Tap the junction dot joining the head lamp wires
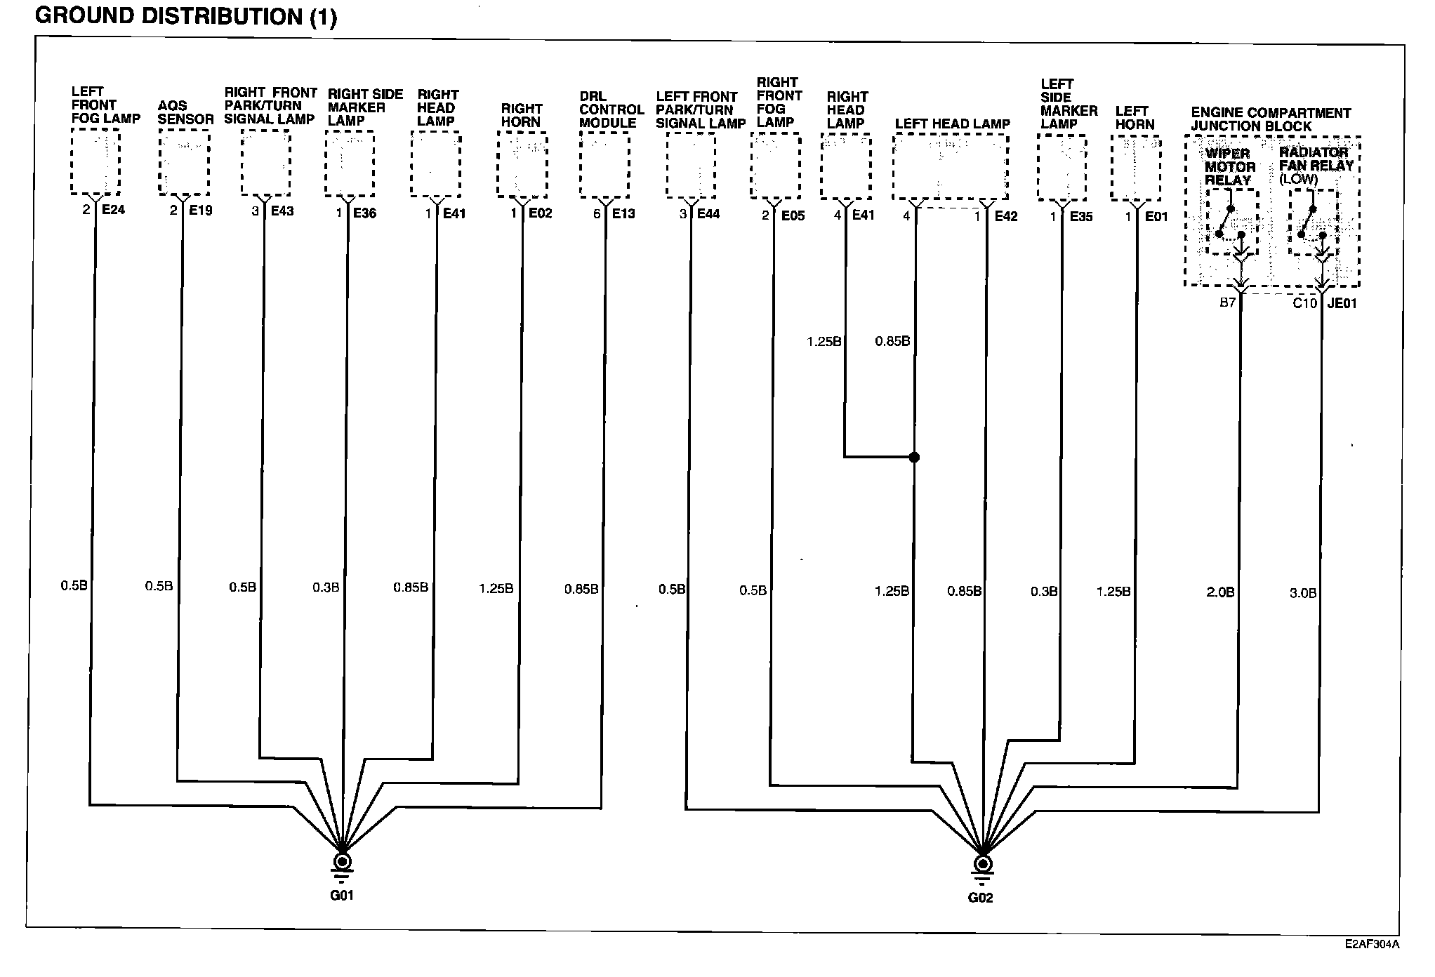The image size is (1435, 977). [914, 458]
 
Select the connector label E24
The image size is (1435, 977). [113, 209]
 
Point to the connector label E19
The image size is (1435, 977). [200, 210]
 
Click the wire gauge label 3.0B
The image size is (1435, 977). [1302, 593]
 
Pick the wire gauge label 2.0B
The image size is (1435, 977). [1220, 592]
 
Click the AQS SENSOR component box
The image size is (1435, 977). [184, 163]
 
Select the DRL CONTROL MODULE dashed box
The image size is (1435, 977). [604, 165]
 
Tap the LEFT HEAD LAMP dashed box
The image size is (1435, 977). [951, 167]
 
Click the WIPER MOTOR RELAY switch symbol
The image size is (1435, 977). [1231, 222]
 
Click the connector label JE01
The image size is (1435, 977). [1342, 304]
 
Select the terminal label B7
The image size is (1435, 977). [1226, 303]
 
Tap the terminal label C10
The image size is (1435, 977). [1304, 303]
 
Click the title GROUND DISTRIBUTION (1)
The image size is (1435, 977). [186, 16]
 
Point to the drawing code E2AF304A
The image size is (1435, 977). [1372, 944]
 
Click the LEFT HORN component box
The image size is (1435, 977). [1135, 168]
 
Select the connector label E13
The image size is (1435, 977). [623, 213]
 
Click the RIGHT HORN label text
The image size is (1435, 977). [521, 115]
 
